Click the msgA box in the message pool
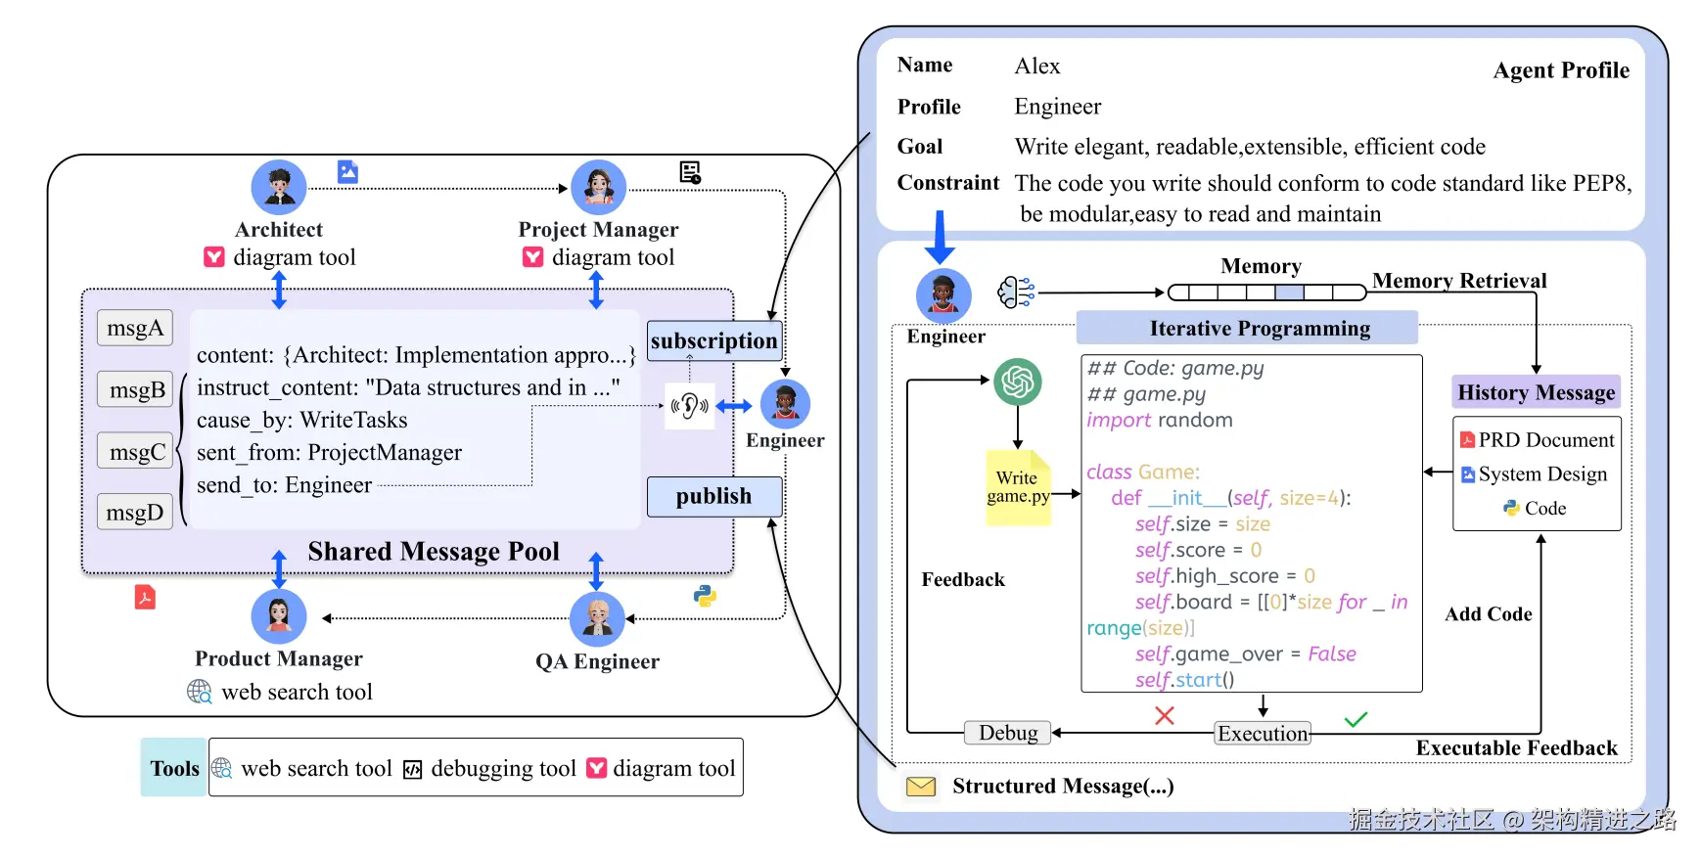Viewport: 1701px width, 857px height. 135,328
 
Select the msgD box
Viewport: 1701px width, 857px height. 135,512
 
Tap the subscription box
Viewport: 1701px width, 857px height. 713,340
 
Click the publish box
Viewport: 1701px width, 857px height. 713,496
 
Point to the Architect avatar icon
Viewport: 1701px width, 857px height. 279,187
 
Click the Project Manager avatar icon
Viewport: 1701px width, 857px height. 598,187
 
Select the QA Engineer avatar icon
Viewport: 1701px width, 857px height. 597,618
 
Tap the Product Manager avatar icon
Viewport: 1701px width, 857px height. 279,616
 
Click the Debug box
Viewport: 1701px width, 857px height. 1008,733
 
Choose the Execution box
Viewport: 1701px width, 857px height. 1263,734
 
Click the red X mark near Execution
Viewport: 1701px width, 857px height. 1164,715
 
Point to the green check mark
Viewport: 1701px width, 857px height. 1356,720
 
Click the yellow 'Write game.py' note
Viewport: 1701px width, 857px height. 1018,487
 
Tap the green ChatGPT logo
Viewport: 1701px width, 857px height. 1018,382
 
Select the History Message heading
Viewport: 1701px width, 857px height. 1536,392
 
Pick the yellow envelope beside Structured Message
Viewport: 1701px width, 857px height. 921,787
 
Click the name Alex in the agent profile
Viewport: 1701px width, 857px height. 1037,67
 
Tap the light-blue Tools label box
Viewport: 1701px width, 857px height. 174,768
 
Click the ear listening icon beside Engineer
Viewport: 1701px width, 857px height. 690,405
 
